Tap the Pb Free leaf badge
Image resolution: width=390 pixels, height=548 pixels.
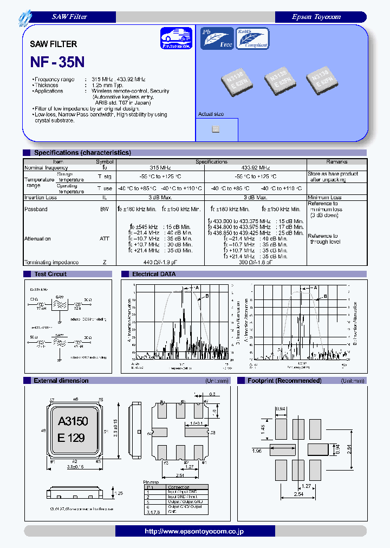point(217,38)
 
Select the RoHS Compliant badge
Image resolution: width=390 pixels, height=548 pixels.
point(252,38)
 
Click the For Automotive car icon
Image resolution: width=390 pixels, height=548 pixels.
point(176,39)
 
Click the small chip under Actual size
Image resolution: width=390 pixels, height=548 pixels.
point(215,129)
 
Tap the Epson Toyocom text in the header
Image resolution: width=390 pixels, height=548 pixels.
point(316,17)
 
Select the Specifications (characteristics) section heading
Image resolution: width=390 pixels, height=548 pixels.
point(82,153)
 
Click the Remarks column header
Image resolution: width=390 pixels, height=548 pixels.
point(336,162)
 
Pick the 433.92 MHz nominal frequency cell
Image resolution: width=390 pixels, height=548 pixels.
point(255,168)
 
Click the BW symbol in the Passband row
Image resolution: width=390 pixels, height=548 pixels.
point(105,209)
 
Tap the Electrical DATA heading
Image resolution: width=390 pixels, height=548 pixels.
point(154,274)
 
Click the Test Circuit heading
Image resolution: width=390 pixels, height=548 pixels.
point(50,274)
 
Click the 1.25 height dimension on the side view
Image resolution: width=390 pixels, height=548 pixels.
point(120,493)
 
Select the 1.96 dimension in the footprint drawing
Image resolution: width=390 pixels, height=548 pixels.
point(257,449)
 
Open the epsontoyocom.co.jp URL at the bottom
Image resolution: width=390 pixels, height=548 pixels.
point(194,531)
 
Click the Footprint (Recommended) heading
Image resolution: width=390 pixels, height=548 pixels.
point(284,381)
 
